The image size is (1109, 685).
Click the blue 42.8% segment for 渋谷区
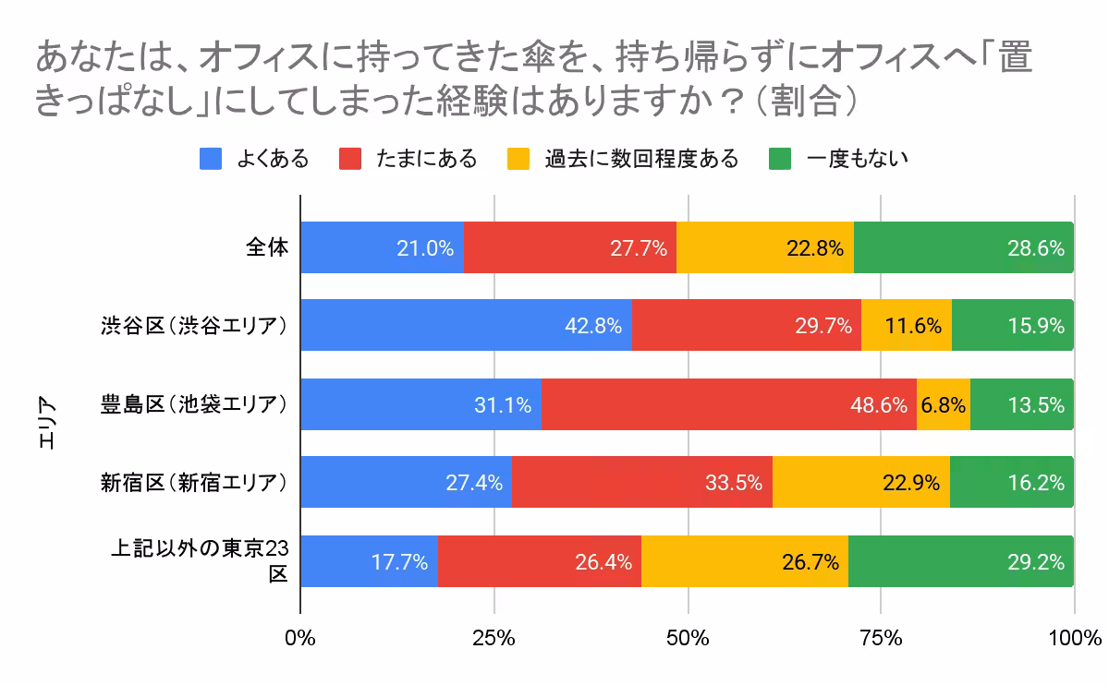pos(466,325)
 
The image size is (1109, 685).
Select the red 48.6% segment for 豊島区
pos(728,403)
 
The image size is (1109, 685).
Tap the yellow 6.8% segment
pos(943,403)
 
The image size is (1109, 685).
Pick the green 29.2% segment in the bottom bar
pos(961,560)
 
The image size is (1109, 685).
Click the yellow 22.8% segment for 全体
pos(765,247)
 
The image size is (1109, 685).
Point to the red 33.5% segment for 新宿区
pos(641,482)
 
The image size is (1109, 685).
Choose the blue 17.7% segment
pos(370,560)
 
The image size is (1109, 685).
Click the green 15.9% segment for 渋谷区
pos(1012,325)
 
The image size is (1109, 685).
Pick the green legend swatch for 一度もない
pos(780,159)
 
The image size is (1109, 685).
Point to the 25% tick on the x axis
pos(494,637)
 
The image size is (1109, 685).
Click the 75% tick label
pos(881,637)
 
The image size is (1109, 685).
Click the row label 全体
pos(267,247)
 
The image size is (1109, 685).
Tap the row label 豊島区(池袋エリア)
pos(195,403)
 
